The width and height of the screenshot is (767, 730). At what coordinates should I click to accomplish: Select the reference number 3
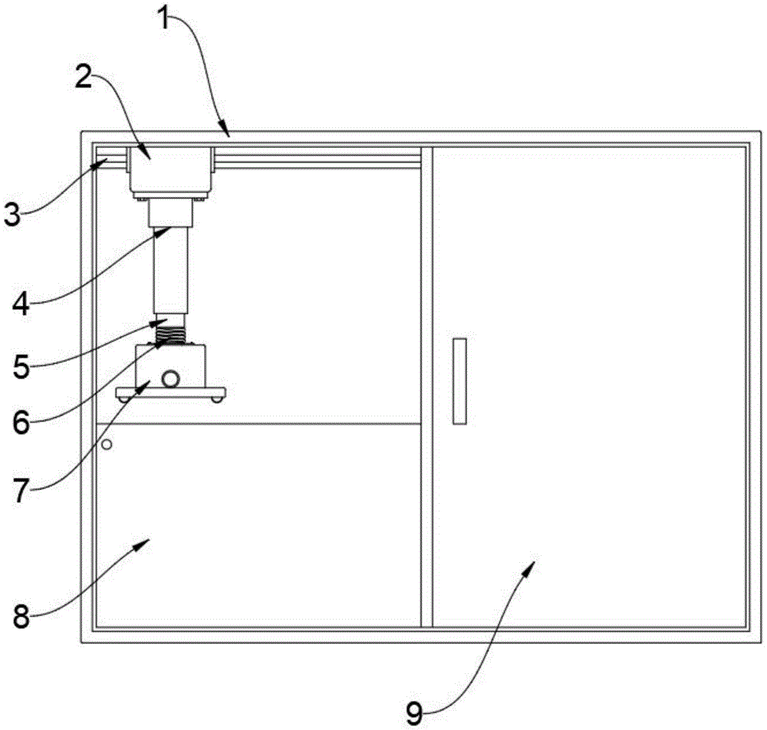click(x=13, y=214)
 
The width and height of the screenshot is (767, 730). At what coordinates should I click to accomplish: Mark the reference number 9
click(x=414, y=714)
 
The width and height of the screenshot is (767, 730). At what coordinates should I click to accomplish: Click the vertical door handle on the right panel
click(x=459, y=380)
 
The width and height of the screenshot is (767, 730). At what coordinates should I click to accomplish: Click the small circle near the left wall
click(x=107, y=444)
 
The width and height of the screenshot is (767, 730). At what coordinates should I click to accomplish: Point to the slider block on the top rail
click(x=170, y=171)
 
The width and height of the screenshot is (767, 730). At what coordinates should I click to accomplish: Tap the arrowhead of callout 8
click(x=146, y=541)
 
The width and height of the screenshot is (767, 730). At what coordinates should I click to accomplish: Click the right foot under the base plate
click(x=218, y=400)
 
